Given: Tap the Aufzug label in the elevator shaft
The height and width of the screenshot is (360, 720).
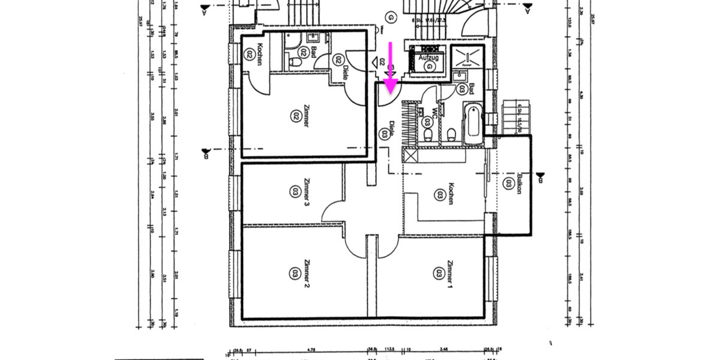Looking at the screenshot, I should [x=428, y=57].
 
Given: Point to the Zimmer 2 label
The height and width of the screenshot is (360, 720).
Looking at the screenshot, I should [x=306, y=273].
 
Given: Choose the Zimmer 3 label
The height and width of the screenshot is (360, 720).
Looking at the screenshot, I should [x=307, y=192].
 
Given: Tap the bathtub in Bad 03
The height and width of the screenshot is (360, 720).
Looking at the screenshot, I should [x=472, y=124].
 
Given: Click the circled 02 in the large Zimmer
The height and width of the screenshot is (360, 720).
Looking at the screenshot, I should [x=295, y=114].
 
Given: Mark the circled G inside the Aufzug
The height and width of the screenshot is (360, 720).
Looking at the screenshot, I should [x=429, y=67].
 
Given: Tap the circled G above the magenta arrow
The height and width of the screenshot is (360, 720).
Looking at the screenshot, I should [x=390, y=17].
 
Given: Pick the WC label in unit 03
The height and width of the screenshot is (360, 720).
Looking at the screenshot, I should [x=434, y=112].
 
